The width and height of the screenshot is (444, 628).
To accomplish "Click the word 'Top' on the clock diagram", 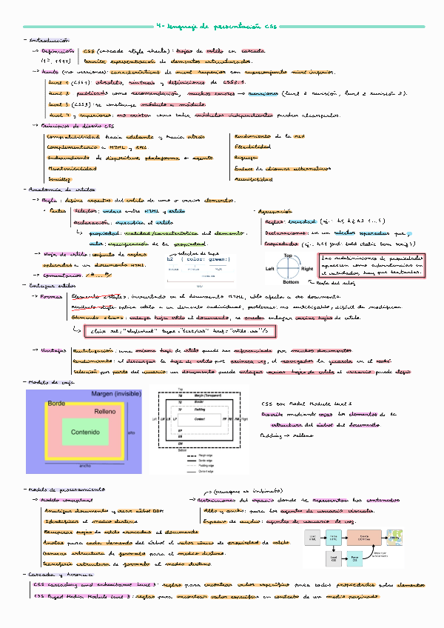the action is [x=289, y=255].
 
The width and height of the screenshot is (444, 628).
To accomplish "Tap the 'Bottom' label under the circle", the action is [x=291, y=282].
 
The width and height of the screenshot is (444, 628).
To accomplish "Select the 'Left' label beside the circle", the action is [x=270, y=268].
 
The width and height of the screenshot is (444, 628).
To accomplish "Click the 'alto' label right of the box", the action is [x=131, y=431].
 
